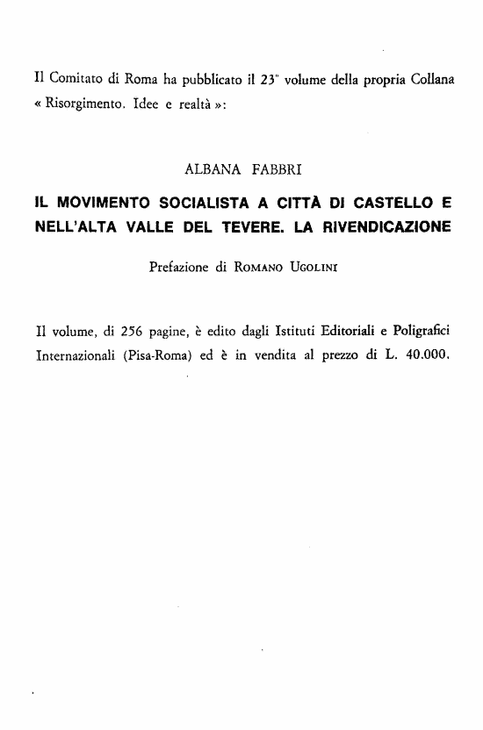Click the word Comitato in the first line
[72, 80]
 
